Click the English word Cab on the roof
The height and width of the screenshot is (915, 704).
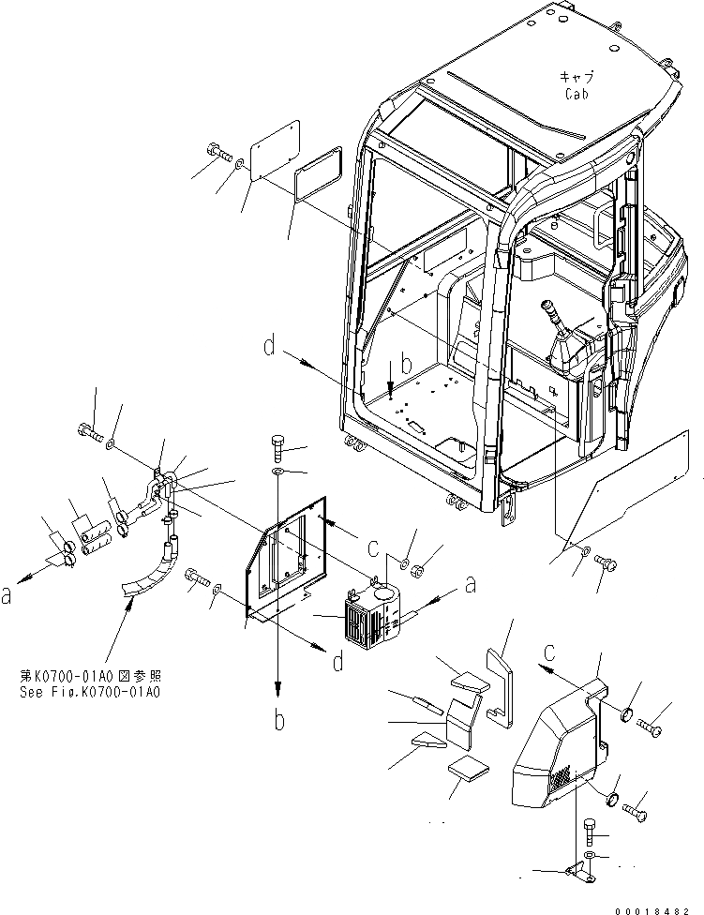coord(576,95)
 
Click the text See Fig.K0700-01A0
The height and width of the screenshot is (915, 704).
coord(90,693)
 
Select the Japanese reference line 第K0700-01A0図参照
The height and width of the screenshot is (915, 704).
coord(90,675)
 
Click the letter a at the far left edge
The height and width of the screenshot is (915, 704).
coord(7,594)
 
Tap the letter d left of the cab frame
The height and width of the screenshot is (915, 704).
coord(269,350)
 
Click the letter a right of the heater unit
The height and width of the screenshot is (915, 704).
coord(469,585)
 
